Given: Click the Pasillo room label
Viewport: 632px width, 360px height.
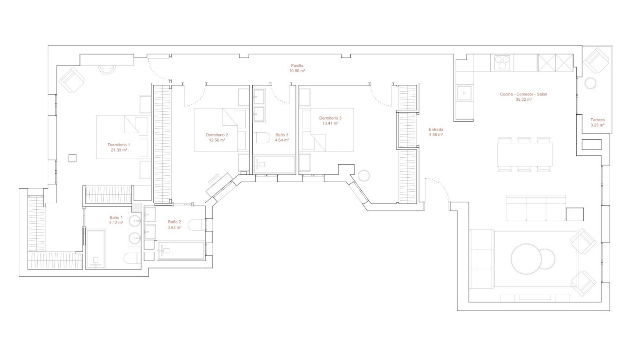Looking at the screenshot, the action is click(297, 66).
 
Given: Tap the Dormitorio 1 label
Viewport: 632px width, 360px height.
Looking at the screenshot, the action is click(119, 145).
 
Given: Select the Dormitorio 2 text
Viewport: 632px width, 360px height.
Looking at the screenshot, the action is click(217, 135).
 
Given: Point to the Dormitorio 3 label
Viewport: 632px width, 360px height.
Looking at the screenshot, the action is click(330, 118).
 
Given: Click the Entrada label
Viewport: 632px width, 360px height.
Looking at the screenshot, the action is click(436, 129).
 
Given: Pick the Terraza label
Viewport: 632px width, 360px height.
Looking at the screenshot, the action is click(598, 120).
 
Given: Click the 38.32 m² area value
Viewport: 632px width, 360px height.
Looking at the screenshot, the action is click(523, 99).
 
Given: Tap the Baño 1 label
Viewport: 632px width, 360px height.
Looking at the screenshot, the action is click(116, 217).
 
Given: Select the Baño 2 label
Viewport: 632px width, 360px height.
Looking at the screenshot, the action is click(174, 222).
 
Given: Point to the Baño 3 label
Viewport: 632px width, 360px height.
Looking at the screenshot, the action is click(282, 135).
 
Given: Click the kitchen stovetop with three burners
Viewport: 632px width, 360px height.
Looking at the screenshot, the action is click(502, 63).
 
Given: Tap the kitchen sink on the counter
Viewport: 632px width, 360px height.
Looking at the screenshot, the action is click(464, 93).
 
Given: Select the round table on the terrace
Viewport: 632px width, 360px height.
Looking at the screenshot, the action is click(590, 83).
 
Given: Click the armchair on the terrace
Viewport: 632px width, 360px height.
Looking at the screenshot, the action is click(596, 61).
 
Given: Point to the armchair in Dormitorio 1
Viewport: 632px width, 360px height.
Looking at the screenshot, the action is click(72, 79).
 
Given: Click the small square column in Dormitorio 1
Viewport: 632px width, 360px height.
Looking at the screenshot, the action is click(72, 158).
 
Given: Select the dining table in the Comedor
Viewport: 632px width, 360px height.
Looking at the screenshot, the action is click(525, 155).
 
